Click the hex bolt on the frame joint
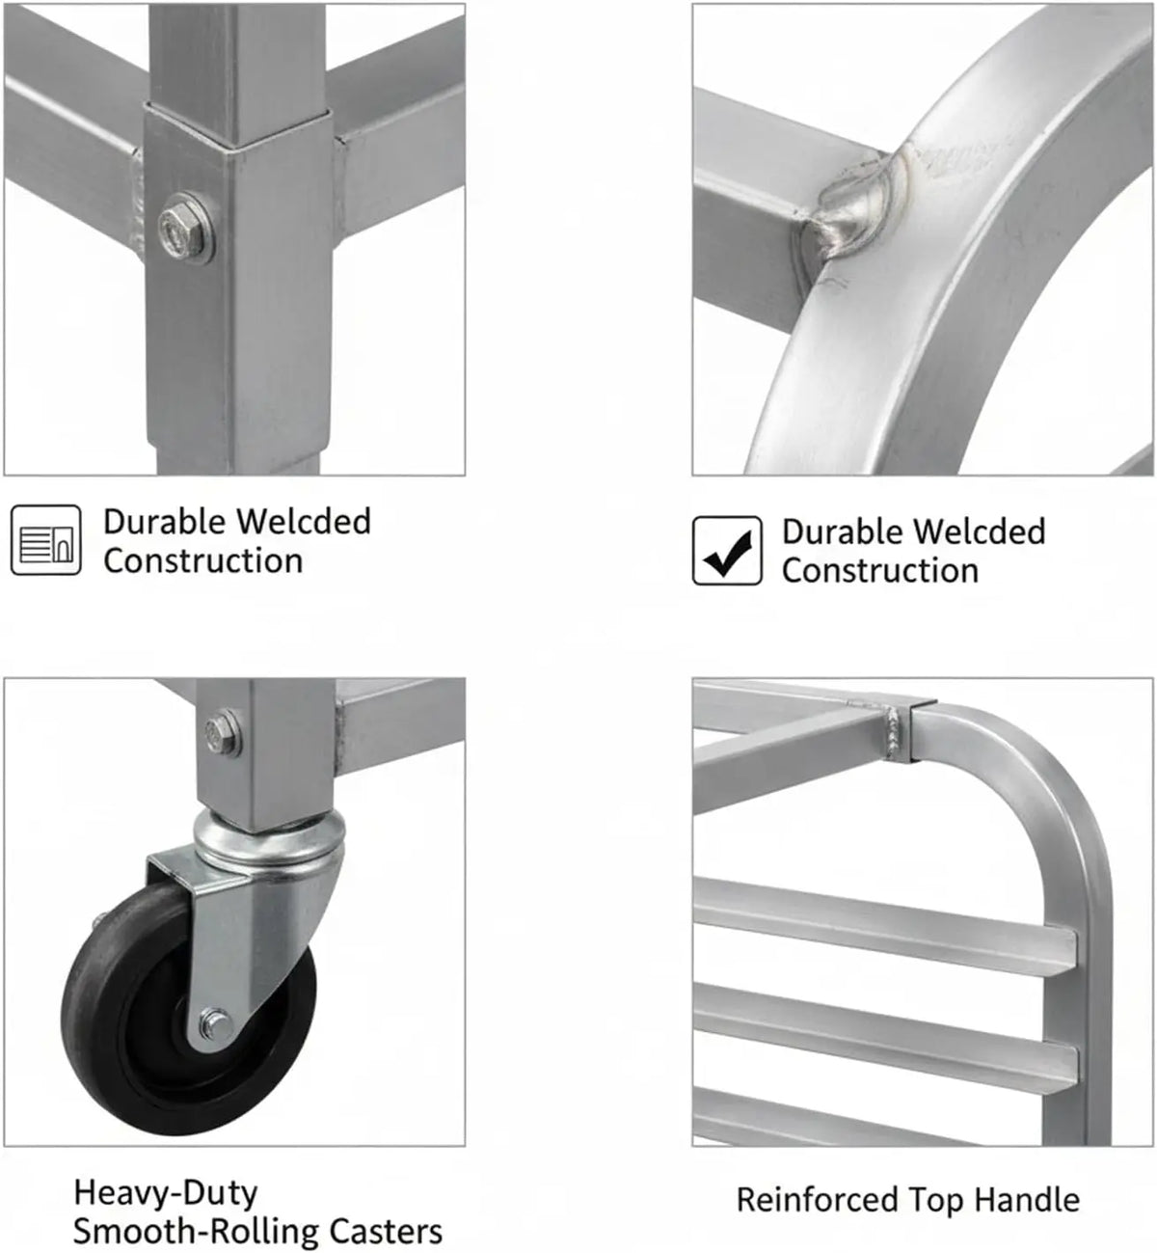tap(186, 228)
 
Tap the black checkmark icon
tap(727, 552)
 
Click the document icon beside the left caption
tap(46, 539)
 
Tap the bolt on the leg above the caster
tap(223, 733)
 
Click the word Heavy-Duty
tap(166, 1193)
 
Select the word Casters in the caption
tap(386, 1231)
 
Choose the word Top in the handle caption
tap(936, 1201)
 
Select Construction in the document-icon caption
tap(203, 560)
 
